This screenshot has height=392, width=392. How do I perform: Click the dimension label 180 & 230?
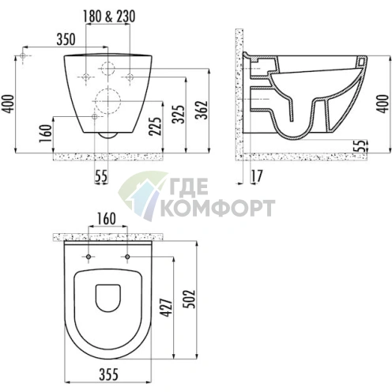point(109,17)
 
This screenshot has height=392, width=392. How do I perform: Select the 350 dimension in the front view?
point(66,40)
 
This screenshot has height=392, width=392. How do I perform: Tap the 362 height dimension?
point(202,110)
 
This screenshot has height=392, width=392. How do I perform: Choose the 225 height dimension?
point(155,126)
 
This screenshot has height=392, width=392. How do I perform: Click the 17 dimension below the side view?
point(256,176)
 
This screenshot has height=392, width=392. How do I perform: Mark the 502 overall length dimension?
point(190,300)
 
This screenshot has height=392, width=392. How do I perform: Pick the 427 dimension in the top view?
point(167,307)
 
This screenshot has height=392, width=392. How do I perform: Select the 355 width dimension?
point(108,374)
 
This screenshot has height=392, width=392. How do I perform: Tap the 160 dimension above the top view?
point(107,219)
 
